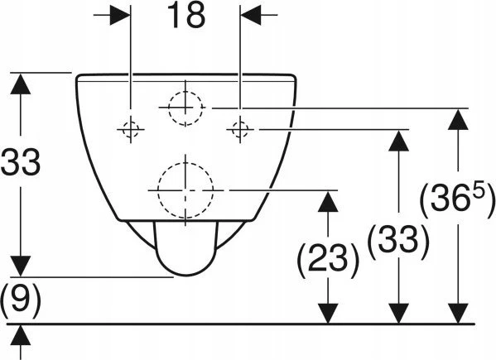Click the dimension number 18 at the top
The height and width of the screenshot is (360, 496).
coord(186,16)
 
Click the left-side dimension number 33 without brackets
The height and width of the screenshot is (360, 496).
coord(21,162)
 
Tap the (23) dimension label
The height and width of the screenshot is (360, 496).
coord(328,258)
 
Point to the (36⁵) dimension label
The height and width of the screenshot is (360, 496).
coord(457,198)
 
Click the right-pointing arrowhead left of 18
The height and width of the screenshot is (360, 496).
coord(120,15)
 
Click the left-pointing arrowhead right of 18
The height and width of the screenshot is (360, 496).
coord(251,15)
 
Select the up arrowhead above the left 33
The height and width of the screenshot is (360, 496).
coord(21,84)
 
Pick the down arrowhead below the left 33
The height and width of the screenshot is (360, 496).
coord(21,266)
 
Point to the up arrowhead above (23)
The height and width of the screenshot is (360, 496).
coord(328,201)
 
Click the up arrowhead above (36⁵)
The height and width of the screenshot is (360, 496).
coord(458,119)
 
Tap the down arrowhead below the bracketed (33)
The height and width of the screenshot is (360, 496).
coord(398,314)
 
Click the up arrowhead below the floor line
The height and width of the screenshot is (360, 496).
coord(21,335)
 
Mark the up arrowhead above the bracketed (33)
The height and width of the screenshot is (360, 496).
coord(398,141)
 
